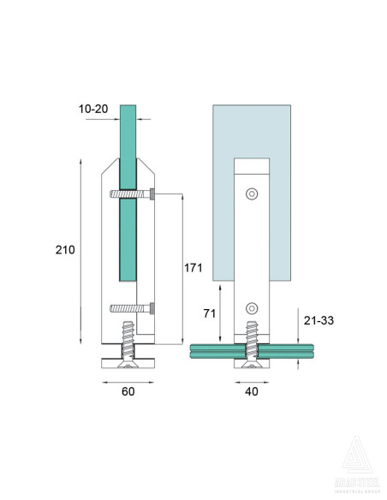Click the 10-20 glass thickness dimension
pyautogui.click(x=94, y=110)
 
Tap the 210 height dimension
pyautogui.click(x=64, y=250)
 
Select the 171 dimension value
pyautogui.click(x=193, y=268)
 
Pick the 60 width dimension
pyautogui.click(x=128, y=392)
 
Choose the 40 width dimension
pyautogui.click(x=251, y=392)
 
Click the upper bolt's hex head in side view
pyautogui.click(x=152, y=195)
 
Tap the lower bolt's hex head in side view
pyautogui.click(x=152, y=308)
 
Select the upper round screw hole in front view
pyautogui.click(x=251, y=194)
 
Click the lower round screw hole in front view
pyautogui.click(x=251, y=308)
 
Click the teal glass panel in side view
pyautogui.click(x=128, y=231)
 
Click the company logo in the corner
pyautogui.click(x=356, y=463)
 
